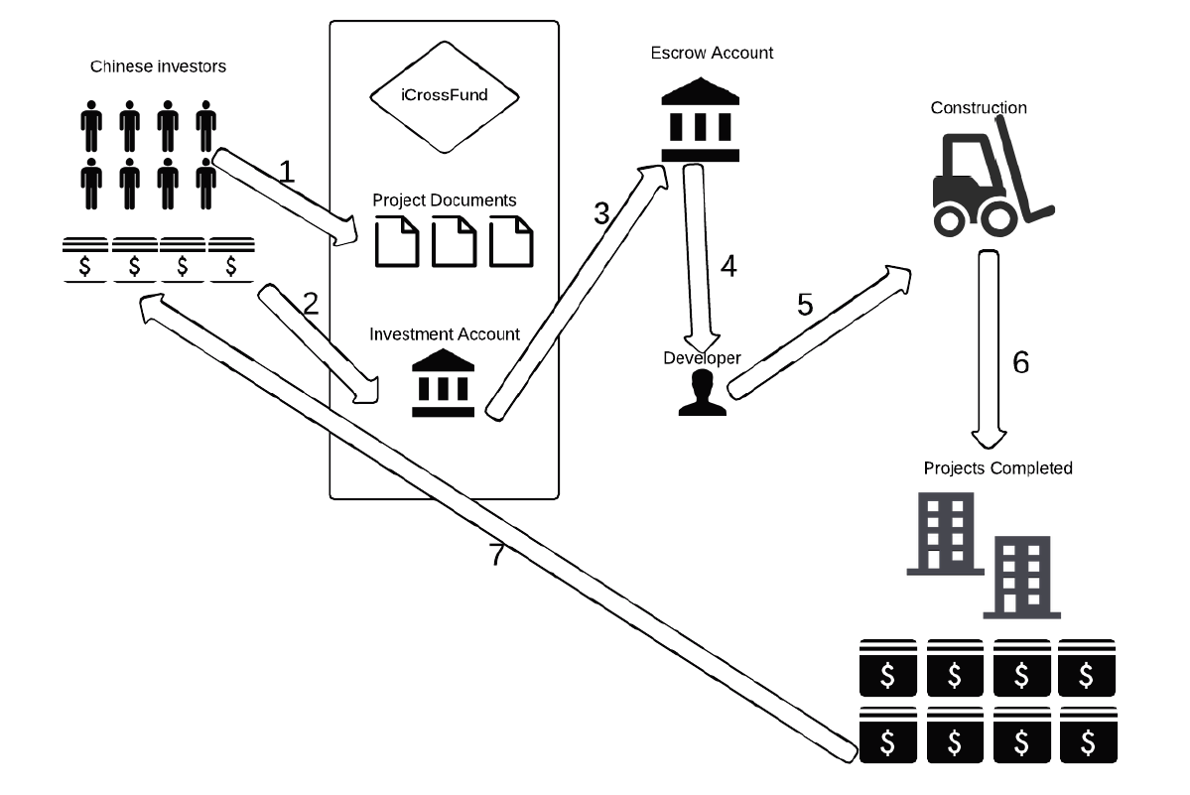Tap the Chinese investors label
[x=159, y=67]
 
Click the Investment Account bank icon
[x=443, y=383]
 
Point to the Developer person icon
[x=702, y=391]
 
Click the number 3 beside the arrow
[x=599, y=214]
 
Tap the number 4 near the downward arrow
[x=728, y=266]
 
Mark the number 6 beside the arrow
[x=1020, y=362]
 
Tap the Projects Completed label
[x=997, y=467]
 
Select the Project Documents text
[x=445, y=200]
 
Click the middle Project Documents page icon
[x=454, y=242]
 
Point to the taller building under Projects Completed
[x=942, y=533]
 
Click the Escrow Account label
[x=713, y=53]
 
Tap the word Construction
[x=979, y=107]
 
